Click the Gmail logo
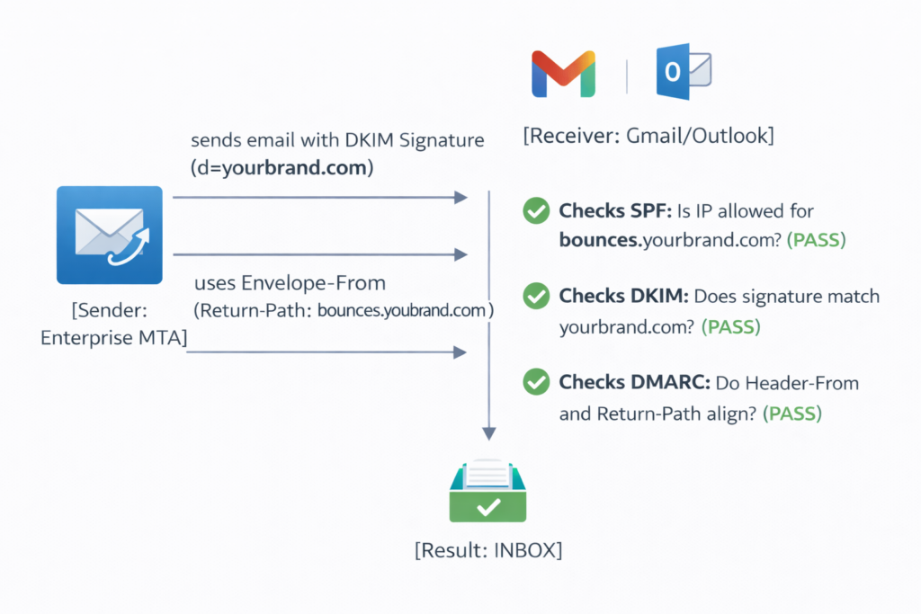(x=563, y=74)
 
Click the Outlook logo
(x=684, y=71)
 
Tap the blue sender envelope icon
(x=109, y=236)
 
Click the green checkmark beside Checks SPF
(x=536, y=211)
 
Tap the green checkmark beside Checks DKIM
(x=536, y=296)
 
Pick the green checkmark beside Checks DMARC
(x=536, y=383)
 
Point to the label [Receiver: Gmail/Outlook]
(x=648, y=137)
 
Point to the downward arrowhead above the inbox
(x=488, y=432)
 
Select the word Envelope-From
(x=314, y=283)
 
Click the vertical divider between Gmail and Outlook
(x=626, y=74)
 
